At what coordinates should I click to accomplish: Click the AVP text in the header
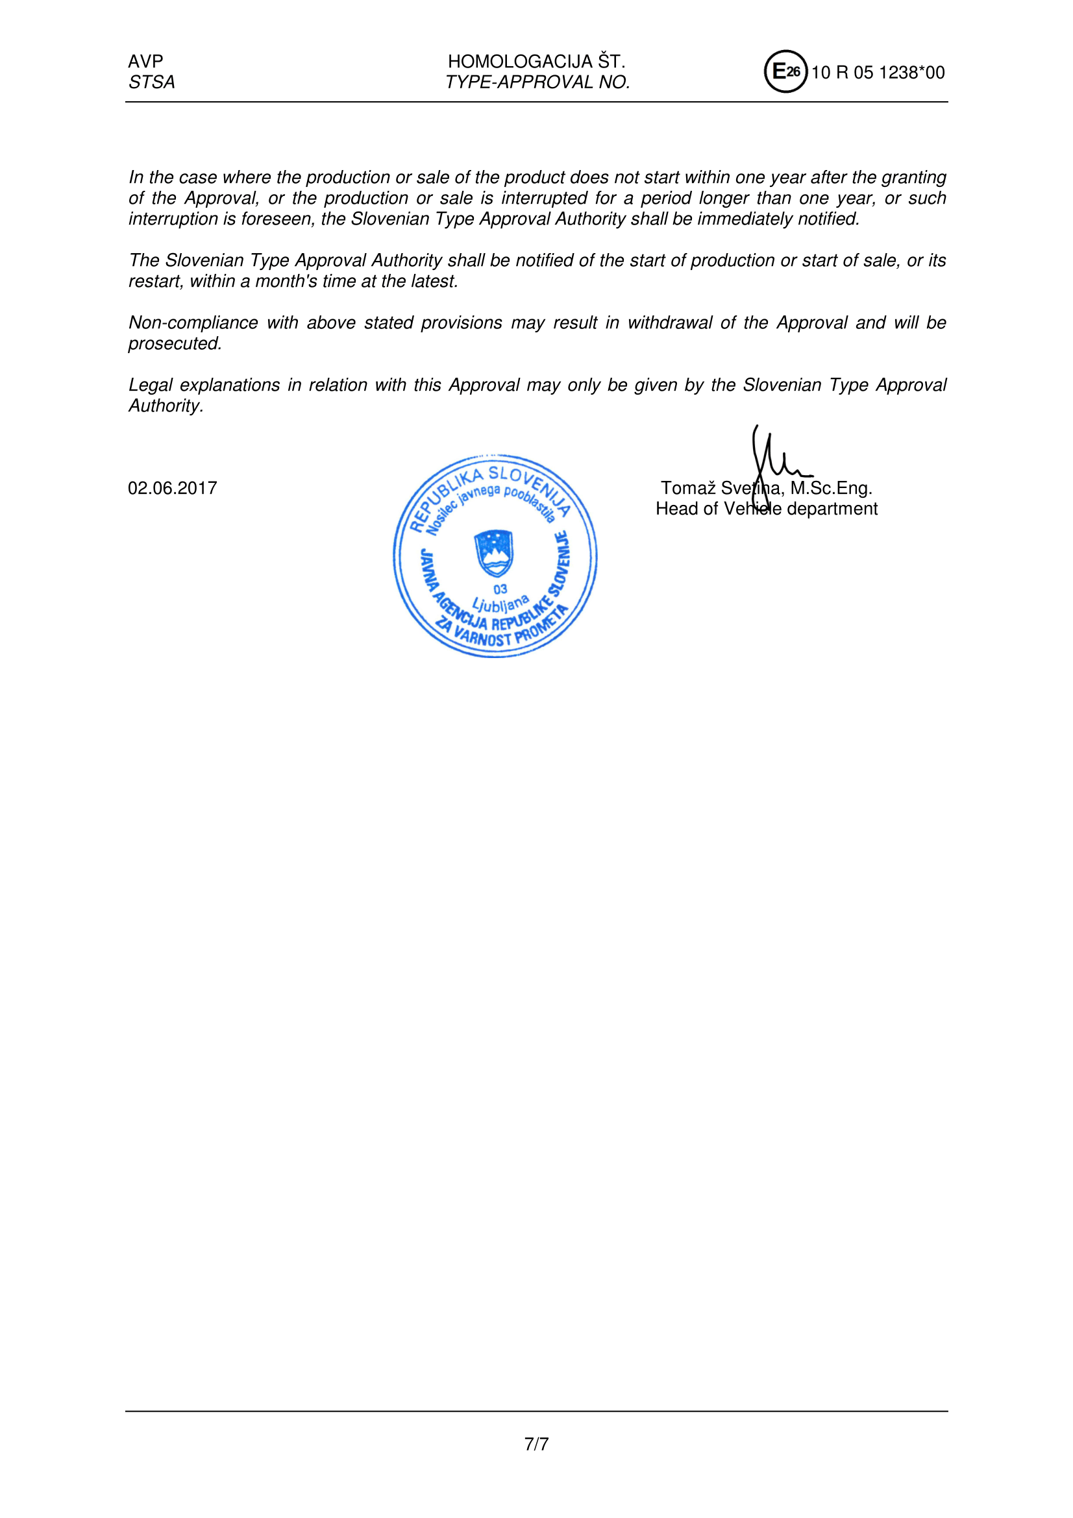coord(145,62)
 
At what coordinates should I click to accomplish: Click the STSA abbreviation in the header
coord(151,82)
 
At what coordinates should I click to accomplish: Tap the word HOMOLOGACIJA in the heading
coord(520,62)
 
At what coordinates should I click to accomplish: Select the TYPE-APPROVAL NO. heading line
coord(537,82)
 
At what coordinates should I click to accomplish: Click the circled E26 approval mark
coord(785,71)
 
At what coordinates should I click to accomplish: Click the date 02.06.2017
coord(173,489)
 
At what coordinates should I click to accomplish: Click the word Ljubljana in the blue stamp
coord(500,603)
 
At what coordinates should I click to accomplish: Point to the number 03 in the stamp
coord(500,589)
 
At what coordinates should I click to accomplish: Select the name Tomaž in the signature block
coord(688,489)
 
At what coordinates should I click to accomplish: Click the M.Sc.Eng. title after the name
coord(832,489)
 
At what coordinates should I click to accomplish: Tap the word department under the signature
coord(832,509)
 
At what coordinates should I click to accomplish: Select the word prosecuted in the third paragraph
coord(174,344)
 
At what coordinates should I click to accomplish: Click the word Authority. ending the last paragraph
coord(166,406)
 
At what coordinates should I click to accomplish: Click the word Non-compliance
coord(193,323)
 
